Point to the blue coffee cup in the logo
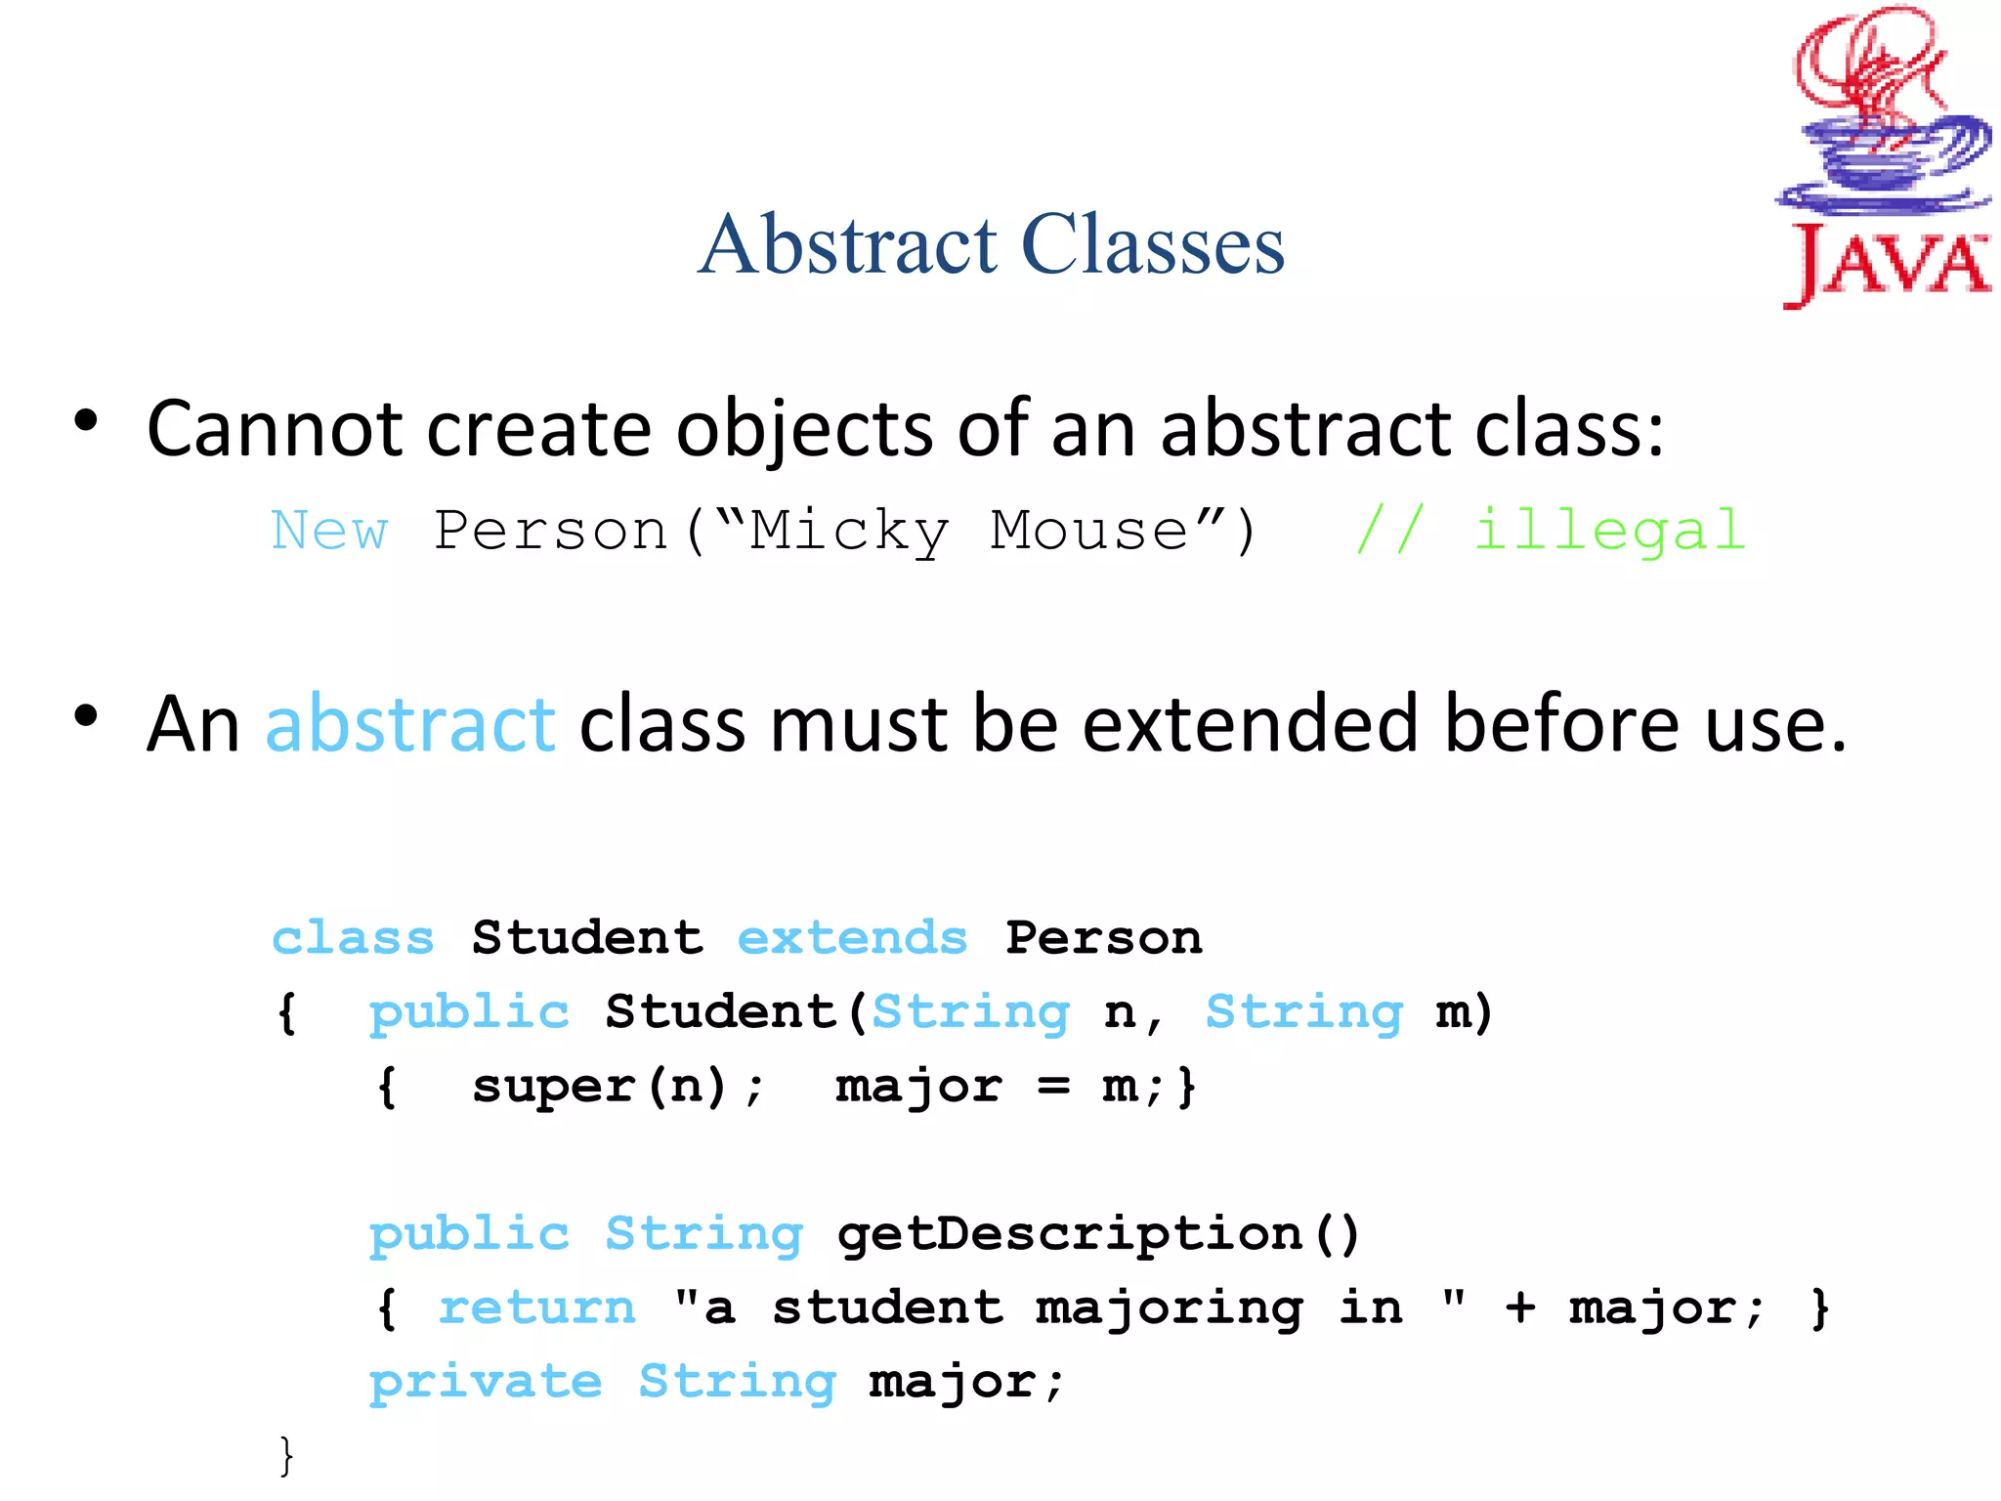pos(1881,156)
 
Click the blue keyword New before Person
pos(329,531)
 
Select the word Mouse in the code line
pos(1089,531)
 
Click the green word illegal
pos(1609,531)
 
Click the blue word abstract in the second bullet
pos(410,724)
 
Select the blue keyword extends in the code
pos(852,938)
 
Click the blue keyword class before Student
pos(353,938)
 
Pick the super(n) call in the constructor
pos(601,1086)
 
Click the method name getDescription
pos(1070,1233)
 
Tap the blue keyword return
pos(537,1308)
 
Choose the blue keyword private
pos(486,1382)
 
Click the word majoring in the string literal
pos(1169,1308)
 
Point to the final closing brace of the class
pos(285,1456)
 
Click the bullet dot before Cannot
pos(86,421)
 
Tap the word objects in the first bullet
pos(804,429)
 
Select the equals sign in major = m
pos(1052,1086)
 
